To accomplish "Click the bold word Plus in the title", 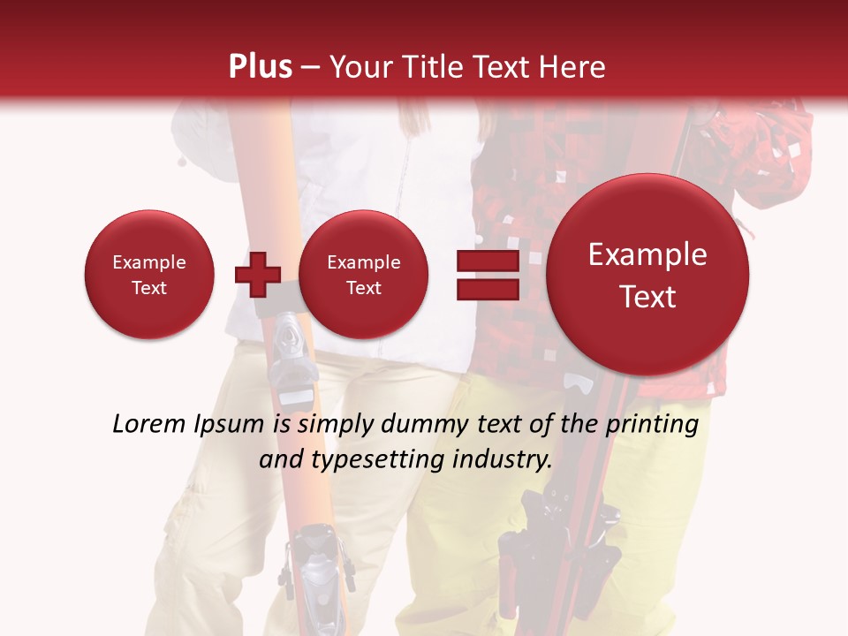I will click(x=260, y=67).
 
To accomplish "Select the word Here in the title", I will click(x=575, y=67).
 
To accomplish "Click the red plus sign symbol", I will click(x=257, y=274).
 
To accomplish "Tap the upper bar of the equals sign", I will click(x=487, y=261).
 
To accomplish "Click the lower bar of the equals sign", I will click(x=487, y=289).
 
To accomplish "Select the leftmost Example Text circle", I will click(x=149, y=275).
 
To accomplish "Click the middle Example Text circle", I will click(x=363, y=275).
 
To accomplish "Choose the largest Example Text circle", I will click(x=647, y=275).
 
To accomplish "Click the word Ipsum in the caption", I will click(x=230, y=425).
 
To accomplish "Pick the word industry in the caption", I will click(x=501, y=459).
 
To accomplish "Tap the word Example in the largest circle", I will click(x=647, y=254).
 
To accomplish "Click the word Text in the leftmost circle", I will click(x=149, y=288).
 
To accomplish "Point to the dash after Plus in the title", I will click(x=310, y=68).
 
